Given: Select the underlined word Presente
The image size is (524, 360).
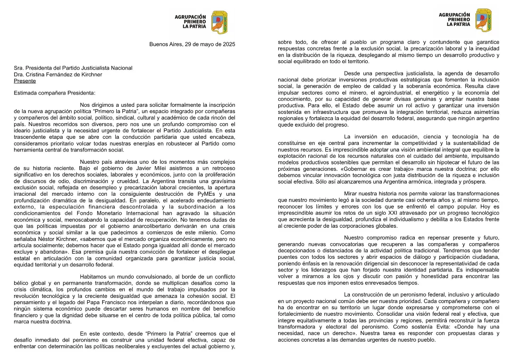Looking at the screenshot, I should [25, 81].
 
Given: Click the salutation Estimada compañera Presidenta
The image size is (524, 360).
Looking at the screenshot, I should [55, 93].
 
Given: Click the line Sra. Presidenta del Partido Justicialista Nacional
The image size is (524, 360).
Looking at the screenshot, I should [73, 68].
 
